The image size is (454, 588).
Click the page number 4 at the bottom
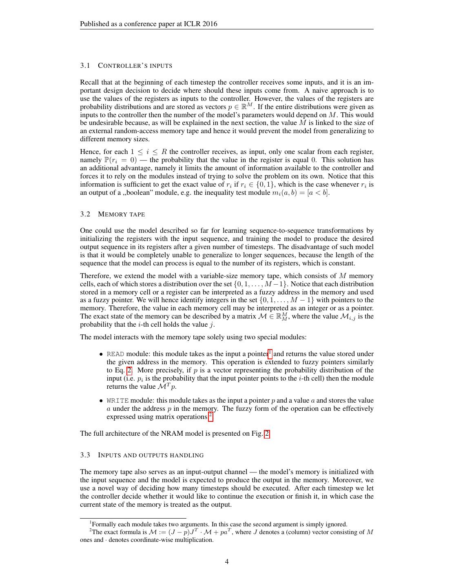(x=227, y=561)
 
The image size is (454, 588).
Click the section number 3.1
(x=85, y=66)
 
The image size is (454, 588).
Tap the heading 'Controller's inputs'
(x=135, y=66)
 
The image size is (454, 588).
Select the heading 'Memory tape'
(x=122, y=214)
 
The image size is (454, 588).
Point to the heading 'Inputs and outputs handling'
(x=151, y=455)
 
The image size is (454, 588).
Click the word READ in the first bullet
(x=115, y=354)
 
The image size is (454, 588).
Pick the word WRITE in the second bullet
(x=117, y=401)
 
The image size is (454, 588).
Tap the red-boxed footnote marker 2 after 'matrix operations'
(x=210, y=416)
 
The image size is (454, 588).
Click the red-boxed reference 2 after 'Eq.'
(x=129, y=370)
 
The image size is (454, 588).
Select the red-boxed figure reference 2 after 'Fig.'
(x=267, y=434)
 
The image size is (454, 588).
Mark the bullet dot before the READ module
(x=101, y=354)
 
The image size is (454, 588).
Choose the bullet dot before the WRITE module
(x=101, y=401)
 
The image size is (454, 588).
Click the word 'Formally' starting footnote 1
(x=104, y=525)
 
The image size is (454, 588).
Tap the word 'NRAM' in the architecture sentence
(x=161, y=434)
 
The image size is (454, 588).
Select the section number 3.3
(x=85, y=455)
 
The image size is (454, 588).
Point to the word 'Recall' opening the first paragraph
(x=90, y=82)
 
